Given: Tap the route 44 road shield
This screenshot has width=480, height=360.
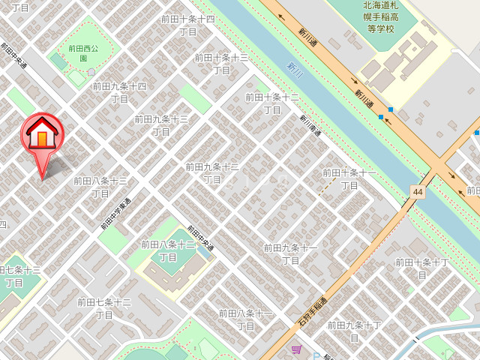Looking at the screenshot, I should coord(416,192).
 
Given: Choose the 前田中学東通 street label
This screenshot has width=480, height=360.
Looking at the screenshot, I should coord(115,214).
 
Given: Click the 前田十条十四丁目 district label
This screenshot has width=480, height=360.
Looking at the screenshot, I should coord(188,25).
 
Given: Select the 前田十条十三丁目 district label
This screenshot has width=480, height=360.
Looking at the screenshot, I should coord(221,64).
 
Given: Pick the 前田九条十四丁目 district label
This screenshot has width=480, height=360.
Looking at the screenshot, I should coord(119,92).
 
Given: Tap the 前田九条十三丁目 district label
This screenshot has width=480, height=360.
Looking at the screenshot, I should coord(161,125).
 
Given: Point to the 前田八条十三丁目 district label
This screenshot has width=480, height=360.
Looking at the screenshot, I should coord(100,187).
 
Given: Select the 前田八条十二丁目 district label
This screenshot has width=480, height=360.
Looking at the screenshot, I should coord(168,250).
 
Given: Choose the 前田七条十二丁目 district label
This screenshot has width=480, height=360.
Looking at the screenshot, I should coord(104,308).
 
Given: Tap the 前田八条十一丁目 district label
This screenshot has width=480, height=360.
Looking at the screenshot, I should coord(245,319).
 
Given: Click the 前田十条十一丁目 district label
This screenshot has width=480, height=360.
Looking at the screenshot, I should coord(349,178).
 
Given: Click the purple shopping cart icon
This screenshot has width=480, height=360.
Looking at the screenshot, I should coord(296,349).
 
